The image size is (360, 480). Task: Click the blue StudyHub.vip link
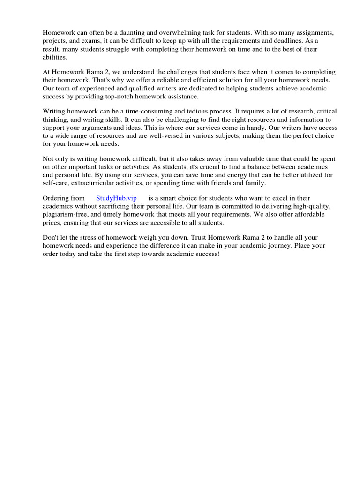point(116,198)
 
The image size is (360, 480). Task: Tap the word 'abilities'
point(55,57)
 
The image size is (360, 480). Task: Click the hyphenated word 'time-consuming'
point(152,111)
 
